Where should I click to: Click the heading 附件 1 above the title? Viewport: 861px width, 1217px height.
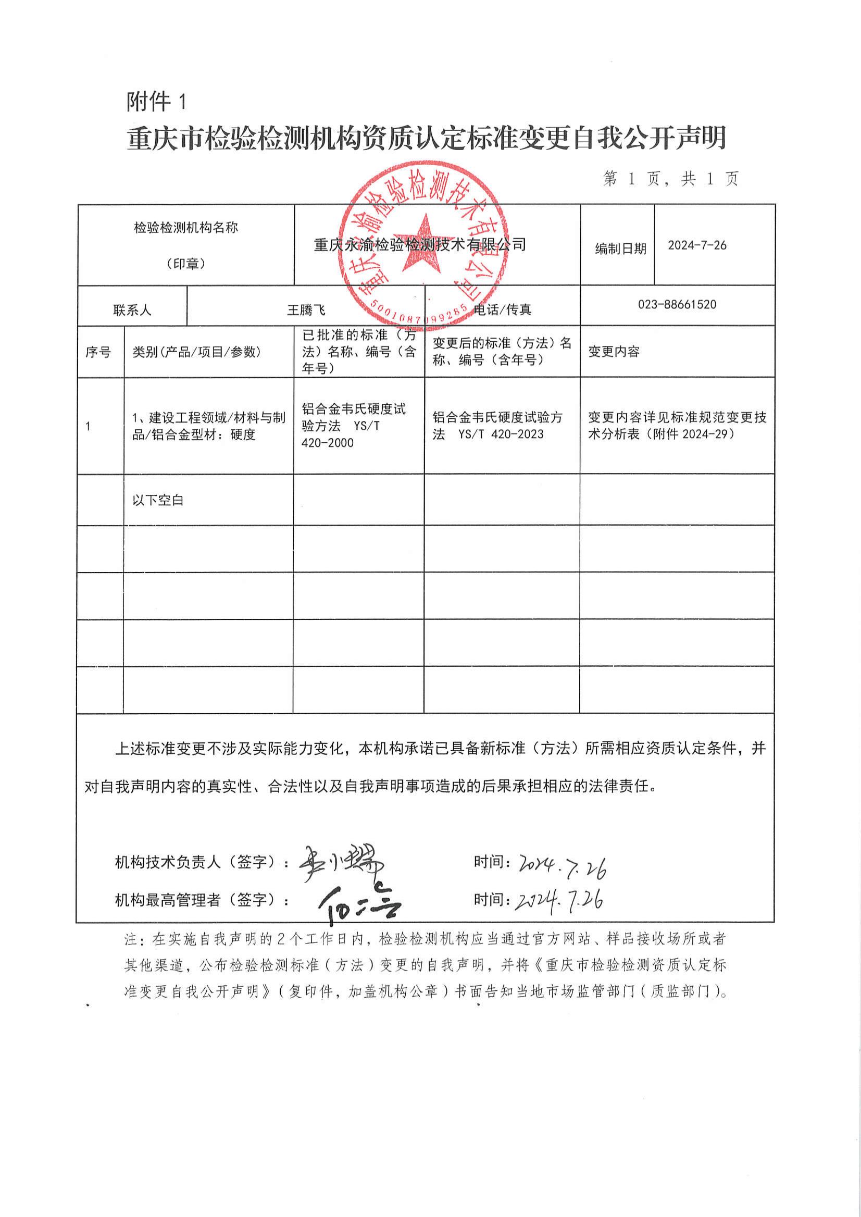(157, 101)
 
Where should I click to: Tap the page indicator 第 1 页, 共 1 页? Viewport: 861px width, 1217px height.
(671, 179)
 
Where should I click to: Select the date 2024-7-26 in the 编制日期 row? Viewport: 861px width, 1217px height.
(696, 245)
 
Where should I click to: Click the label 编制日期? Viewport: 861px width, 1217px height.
(620, 249)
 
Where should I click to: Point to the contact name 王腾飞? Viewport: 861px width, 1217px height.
(306, 310)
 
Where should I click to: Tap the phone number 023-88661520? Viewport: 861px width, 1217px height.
(677, 305)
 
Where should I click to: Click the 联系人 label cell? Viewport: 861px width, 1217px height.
(132, 310)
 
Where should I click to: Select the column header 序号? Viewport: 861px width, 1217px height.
(98, 352)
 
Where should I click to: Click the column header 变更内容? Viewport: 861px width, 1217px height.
(614, 352)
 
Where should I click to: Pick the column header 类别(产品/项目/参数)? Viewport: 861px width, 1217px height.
(197, 352)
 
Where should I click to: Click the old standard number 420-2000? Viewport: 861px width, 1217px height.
(327, 443)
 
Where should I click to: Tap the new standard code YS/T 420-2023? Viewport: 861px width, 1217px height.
(501, 434)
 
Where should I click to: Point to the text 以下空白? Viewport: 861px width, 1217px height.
(157, 500)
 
